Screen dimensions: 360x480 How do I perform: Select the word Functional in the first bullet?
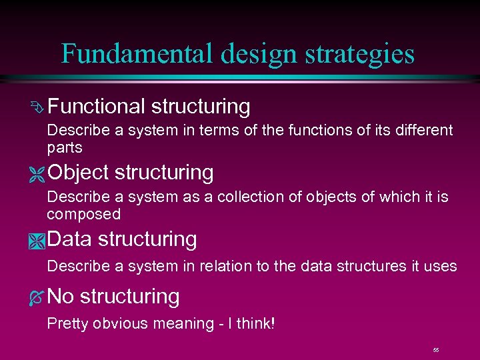(96, 106)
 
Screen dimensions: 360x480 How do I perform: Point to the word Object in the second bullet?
(78, 173)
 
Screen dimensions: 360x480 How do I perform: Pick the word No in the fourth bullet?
(61, 296)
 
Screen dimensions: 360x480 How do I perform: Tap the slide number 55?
(436, 349)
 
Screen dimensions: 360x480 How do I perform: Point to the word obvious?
(118, 324)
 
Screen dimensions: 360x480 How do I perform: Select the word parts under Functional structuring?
(65, 147)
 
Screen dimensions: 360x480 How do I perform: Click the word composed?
(83, 214)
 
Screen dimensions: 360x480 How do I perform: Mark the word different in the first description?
(422, 130)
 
